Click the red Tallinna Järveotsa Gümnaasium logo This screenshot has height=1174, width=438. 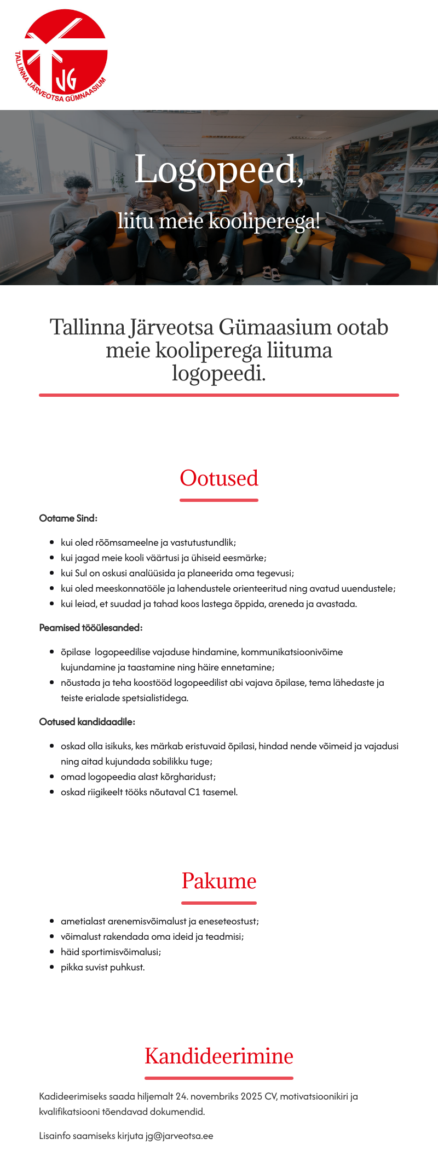pos(61,56)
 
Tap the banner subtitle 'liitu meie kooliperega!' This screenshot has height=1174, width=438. pos(218,221)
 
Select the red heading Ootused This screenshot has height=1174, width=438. pos(219,478)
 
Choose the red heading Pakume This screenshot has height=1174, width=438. pos(219,881)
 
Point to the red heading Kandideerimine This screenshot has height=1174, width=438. pos(219,1056)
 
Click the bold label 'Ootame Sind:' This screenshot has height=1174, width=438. pos(68,518)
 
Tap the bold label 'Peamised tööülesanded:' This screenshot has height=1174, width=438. pos(91,628)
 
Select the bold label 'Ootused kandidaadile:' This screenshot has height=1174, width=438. pos(87,722)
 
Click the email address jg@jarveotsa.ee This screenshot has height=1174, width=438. pos(179,1136)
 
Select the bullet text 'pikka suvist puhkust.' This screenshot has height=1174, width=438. pos(103,967)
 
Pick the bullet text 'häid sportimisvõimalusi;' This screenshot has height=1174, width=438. pos(111,952)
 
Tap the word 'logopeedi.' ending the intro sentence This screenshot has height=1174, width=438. pos(219,373)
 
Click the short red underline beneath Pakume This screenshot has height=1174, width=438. pos(219,903)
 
